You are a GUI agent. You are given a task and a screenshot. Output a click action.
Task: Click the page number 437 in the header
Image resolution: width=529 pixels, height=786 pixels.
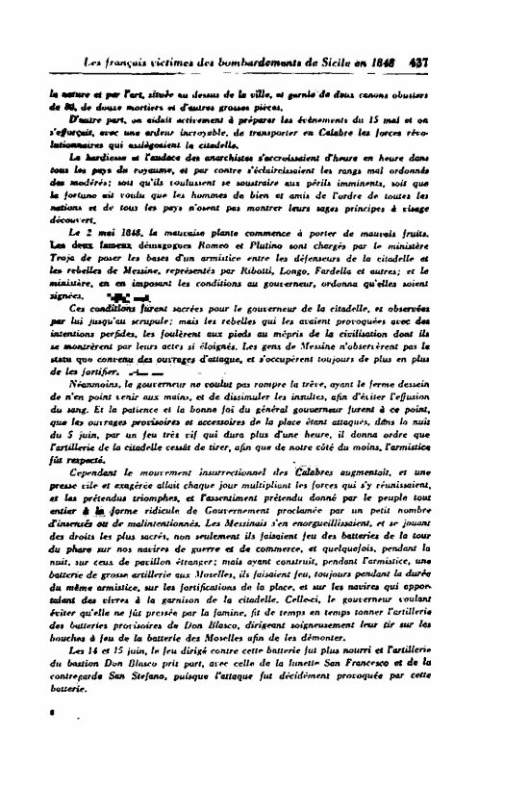[418, 62]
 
